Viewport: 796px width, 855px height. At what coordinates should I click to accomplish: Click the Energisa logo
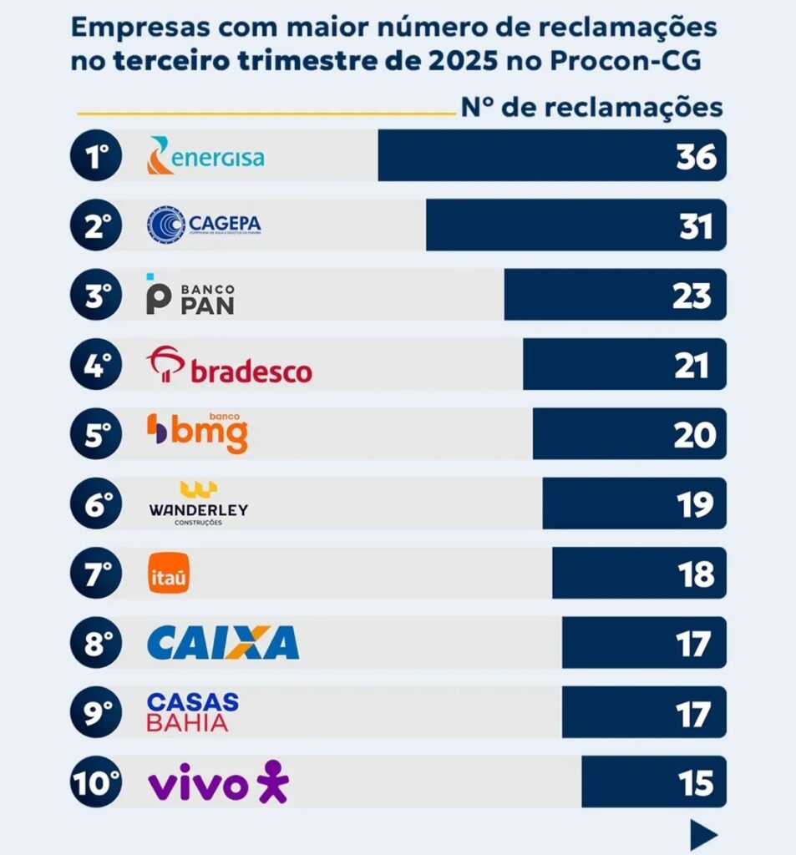[205, 156]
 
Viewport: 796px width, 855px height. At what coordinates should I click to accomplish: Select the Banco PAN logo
[190, 295]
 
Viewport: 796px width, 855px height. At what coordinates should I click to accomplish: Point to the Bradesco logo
[230, 366]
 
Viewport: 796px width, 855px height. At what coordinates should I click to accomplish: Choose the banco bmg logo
[198, 433]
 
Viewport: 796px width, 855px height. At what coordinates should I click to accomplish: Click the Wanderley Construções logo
[199, 503]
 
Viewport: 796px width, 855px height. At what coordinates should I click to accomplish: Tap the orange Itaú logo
[169, 574]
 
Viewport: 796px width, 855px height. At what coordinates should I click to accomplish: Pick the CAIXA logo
[223, 643]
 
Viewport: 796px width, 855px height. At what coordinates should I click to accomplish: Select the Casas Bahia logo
[193, 712]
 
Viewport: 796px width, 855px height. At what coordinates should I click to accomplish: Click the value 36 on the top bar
[696, 157]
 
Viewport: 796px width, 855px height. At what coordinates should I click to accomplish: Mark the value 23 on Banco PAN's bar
[693, 296]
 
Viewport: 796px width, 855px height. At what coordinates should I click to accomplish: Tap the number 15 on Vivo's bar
[696, 784]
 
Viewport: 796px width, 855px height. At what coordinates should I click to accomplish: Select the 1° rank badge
[96, 156]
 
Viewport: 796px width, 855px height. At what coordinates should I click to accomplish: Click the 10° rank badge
[96, 783]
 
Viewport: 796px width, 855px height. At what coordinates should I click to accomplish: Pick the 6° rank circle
[96, 503]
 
